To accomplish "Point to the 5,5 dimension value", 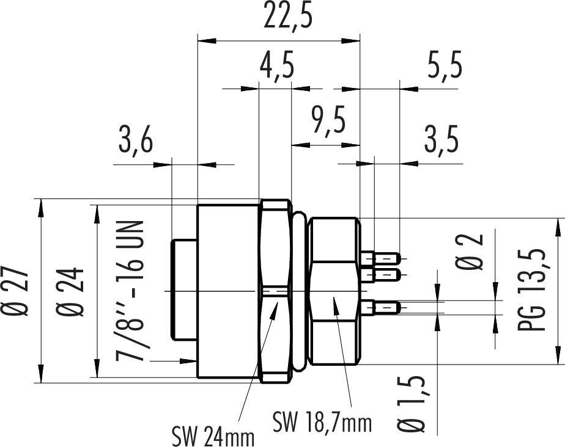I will pos(443,66).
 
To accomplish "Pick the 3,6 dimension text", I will pos(135,142).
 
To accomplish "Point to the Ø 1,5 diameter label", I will pos(416,403).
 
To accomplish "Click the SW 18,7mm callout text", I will pos(322,421).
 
